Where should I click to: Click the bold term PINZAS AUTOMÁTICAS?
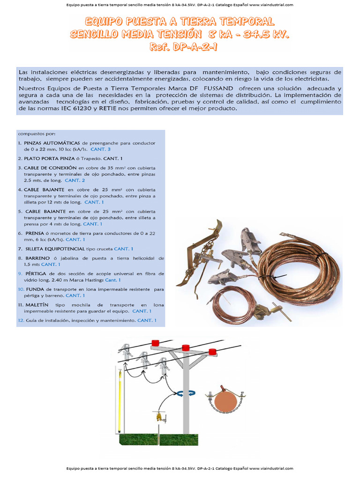click(52, 143)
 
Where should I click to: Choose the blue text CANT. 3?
click(100, 149)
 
